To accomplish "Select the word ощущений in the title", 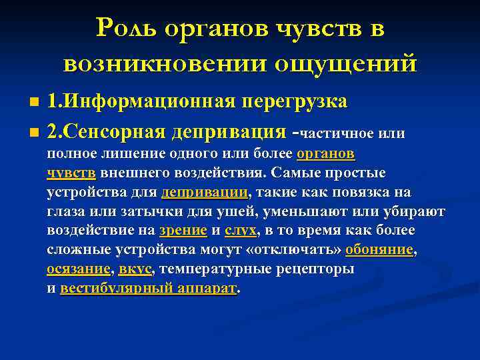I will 347,63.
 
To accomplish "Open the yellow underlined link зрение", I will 183,231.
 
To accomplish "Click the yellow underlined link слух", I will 240,231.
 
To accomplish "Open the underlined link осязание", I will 78,269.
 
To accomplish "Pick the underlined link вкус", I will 135,269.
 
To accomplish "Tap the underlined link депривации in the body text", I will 204,193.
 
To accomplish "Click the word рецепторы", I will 313,269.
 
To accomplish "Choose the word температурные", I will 214,269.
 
